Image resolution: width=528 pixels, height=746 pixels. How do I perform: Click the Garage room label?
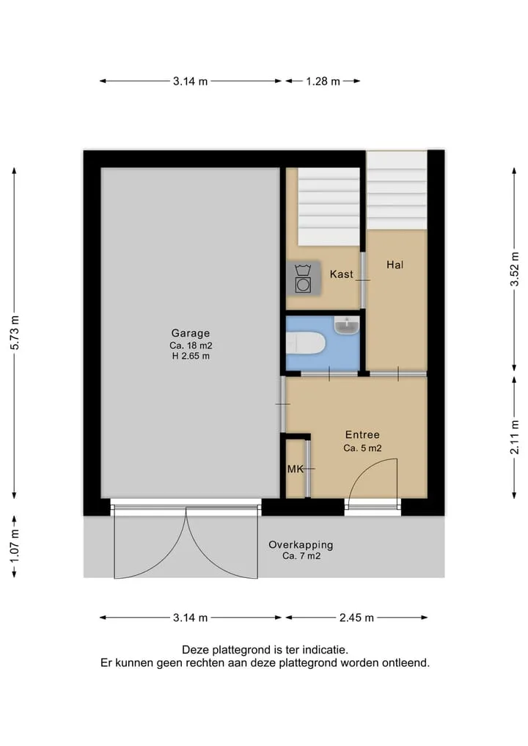(x=190, y=333)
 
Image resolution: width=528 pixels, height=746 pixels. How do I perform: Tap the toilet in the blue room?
(x=305, y=343)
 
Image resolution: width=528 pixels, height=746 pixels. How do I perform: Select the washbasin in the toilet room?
(x=347, y=325)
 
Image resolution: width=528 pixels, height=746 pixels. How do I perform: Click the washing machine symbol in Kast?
(x=303, y=278)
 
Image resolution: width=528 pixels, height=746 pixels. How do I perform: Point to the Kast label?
(x=342, y=274)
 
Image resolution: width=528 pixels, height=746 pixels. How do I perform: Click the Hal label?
(x=395, y=265)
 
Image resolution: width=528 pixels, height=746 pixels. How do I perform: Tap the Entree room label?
(x=362, y=434)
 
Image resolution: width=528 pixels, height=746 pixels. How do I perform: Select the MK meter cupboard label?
(x=296, y=469)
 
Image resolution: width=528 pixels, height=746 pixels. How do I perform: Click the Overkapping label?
(x=301, y=545)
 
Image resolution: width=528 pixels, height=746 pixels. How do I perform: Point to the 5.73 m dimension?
(x=15, y=332)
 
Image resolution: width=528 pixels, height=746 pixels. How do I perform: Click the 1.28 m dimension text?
(x=323, y=81)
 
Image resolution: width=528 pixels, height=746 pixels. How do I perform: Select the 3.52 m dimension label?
(x=514, y=269)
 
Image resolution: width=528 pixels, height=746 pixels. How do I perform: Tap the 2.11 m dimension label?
(x=514, y=437)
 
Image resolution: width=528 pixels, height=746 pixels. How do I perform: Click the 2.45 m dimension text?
(x=356, y=618)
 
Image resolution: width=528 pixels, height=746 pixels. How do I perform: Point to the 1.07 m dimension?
(x=15, y=546)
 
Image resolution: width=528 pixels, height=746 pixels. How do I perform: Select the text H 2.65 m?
(x=191, y=356)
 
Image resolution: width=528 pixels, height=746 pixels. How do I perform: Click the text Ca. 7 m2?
(x=301, y=556)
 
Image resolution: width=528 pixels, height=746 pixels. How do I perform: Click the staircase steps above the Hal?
(x=397, y=190)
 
